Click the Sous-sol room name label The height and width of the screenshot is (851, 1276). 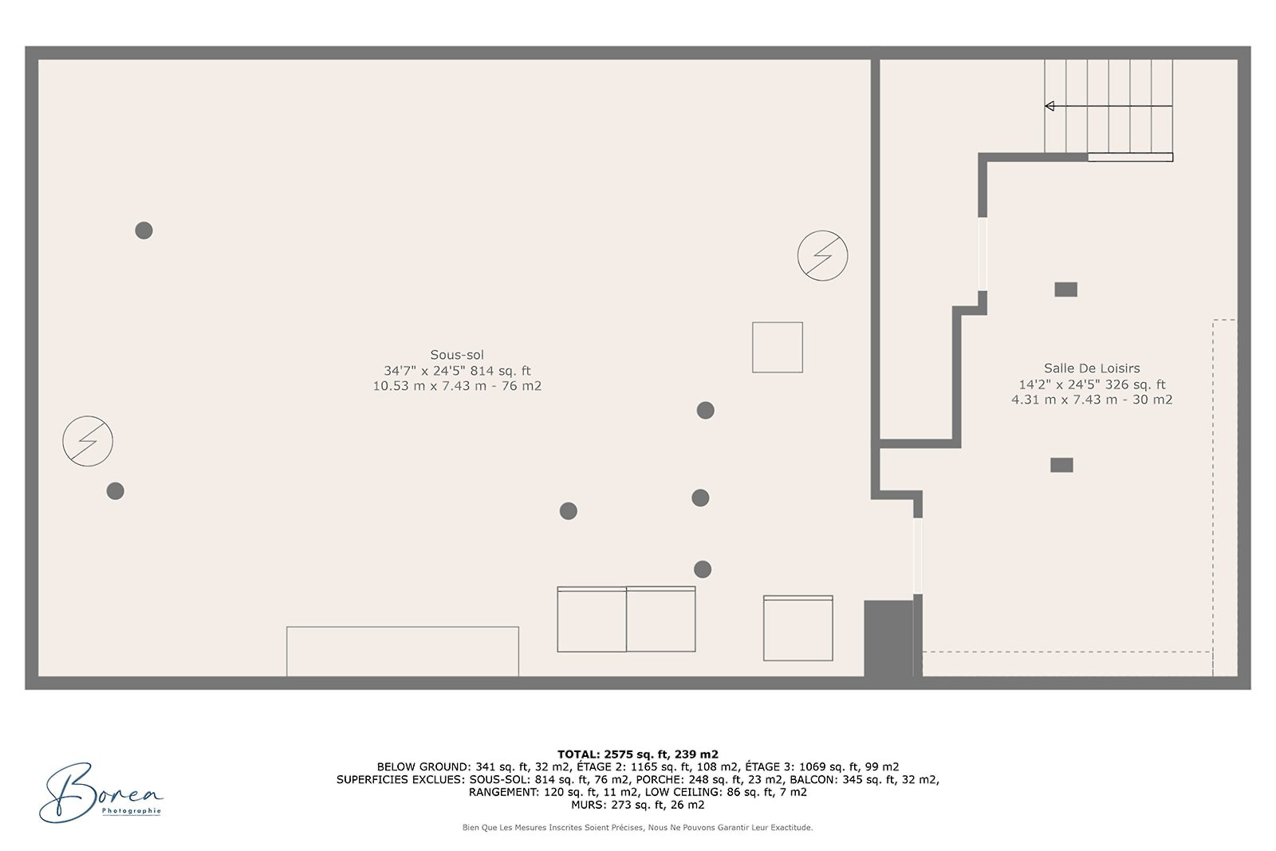457,355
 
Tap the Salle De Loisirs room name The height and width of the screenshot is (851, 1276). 1092,368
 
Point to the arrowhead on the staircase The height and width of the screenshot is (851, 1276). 1050,106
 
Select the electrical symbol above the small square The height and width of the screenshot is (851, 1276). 822,255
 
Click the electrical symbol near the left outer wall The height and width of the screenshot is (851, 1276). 88,441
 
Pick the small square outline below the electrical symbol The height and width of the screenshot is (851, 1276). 778,347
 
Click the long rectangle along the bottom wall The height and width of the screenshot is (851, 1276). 403,651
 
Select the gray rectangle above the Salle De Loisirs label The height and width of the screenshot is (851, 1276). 1065,290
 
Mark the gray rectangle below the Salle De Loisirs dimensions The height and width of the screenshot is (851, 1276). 1061,465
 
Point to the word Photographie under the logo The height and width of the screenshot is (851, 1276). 132,811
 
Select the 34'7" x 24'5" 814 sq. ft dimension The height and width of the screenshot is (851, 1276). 457,371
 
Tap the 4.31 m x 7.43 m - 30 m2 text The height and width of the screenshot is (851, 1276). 1092,400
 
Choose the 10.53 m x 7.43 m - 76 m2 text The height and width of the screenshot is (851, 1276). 457,386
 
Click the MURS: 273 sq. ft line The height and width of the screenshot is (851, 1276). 637,805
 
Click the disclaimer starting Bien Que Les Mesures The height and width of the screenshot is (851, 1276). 637,828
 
